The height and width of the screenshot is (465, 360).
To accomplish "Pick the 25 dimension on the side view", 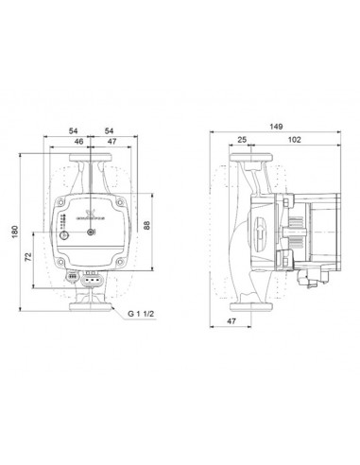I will (x=242, y=139).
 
